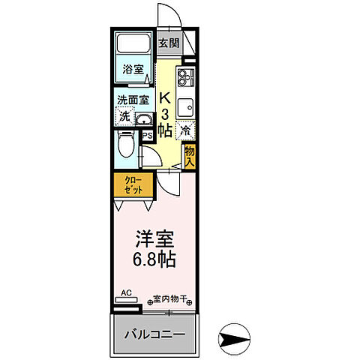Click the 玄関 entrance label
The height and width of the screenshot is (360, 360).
[x=169, y=42]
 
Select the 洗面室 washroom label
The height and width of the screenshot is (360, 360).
[x=132, y=99]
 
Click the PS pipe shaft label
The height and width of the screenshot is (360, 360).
[x=148, y=136]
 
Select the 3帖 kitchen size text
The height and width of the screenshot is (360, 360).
[x=166, y=122]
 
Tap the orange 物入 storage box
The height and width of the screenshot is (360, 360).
[x=190, y=154]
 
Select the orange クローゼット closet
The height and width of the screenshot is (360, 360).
[x=133, y=185]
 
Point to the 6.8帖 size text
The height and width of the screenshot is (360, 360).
[x=154, y=262]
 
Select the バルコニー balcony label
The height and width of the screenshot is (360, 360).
[x=155, y=332]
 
